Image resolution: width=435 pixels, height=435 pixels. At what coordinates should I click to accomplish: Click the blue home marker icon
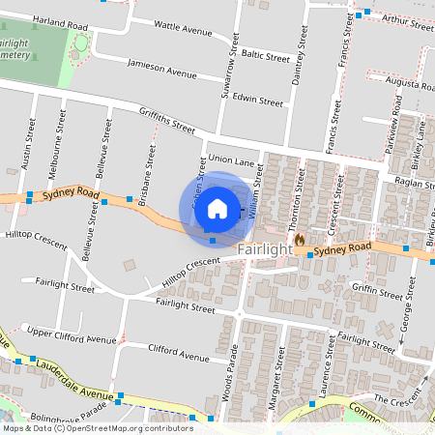pos(217,208)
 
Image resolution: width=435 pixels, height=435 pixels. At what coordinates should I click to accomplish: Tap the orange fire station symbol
pos(300,238)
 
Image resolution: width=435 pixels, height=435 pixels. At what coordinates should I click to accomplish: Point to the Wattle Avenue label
pos(183,31)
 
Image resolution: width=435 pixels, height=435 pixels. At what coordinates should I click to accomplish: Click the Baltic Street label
pos(266,56)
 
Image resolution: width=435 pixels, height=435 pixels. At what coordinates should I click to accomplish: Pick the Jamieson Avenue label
pos(161,71)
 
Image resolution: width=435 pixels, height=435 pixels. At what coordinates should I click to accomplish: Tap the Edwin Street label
pos(257,100)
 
